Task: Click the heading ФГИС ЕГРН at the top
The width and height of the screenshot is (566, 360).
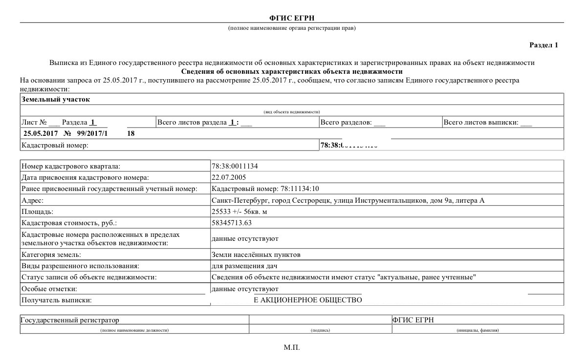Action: click(292, 18)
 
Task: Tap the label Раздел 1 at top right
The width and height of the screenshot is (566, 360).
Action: click(544, 45)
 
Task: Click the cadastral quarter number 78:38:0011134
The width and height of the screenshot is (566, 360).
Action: click(235, 166)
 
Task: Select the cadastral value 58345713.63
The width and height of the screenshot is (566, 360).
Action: click(232, 223)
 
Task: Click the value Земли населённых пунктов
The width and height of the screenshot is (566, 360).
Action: click(256, 254)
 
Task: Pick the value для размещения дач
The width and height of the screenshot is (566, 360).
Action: click(244, 266)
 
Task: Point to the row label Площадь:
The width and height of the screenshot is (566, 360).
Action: click(37, 212)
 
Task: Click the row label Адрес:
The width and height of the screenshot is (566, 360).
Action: click(33, 201)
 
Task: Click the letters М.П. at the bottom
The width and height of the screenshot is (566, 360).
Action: click(292, 348)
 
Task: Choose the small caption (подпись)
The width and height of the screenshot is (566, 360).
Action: click(320, 330)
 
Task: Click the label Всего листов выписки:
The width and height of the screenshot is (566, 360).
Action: click(481, 122)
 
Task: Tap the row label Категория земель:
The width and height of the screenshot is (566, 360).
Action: click(51, 254)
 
